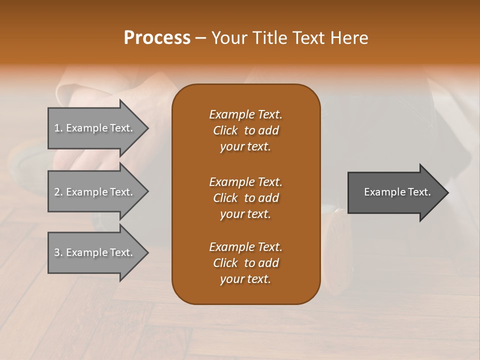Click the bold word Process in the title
click(x=157, y=38)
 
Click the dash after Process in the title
click(x=200, y=38)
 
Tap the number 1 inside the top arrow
click(x=57, y=128)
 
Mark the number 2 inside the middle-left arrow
click(x=57, y=192)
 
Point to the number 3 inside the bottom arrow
click(x=57, y=252)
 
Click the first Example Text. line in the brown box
click(x=245, y=114)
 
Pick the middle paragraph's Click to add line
click(x=245, y=198)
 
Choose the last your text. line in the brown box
click(x=245, y=279)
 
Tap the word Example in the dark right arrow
click(x=381, y=192)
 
